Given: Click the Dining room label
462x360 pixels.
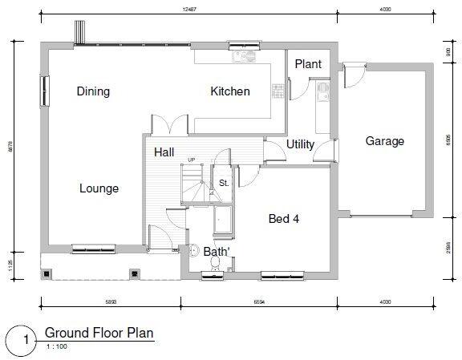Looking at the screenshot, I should (x=93, y=91).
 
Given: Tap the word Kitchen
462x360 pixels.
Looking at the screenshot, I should (x=229, y=91).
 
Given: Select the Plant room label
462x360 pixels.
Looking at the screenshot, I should (x=308, y=64).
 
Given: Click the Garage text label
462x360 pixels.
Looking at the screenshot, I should (x=384, y=141).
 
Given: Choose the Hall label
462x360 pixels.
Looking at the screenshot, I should (x=164, y=152).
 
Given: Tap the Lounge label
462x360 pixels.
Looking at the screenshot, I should (x=99, y=189).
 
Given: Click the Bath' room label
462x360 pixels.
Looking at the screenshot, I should (x=217, y=252).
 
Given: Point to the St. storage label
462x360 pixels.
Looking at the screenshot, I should (x=224, y=183).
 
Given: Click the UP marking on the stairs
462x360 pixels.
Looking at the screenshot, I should (x=191, y=160).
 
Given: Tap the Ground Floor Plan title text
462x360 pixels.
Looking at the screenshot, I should (x=99, y=332).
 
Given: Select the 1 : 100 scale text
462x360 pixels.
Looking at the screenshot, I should (x=56, y=346).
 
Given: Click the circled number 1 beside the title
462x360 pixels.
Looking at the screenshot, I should (x=25, y=339).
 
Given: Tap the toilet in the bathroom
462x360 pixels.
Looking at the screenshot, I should (x=195, y=249).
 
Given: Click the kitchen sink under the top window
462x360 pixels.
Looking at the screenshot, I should (x=241, y=56).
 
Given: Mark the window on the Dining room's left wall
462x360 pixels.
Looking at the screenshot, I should (x=43, y=89).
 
